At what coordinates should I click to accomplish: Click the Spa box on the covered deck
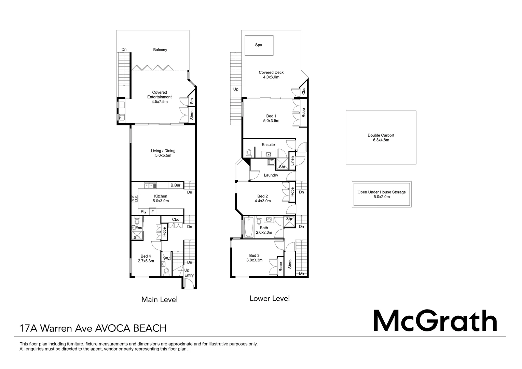(259, 45)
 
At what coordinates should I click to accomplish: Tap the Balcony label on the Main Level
(160, 50)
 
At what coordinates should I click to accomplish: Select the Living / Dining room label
(163, 151)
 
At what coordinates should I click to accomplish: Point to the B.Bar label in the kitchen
(175, 185)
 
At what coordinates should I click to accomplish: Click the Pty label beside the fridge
(143, 212)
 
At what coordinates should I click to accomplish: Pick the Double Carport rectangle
(381, 137)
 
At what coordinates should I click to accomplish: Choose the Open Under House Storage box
(381, 194)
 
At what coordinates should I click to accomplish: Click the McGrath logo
(435, 320)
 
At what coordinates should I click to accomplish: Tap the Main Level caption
(159, 300)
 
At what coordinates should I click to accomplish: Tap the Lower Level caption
(270, 298)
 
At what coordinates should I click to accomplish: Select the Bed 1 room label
(271, 116)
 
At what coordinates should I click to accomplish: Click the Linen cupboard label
(292, 161)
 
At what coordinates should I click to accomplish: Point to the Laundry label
(271, 175)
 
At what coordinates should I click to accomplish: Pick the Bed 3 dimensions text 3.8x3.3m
(254, 260)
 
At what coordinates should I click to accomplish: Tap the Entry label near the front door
(189, 275)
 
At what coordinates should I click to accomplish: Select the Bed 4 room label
(146, 256)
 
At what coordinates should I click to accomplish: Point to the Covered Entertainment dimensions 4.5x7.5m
(160, 102)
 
